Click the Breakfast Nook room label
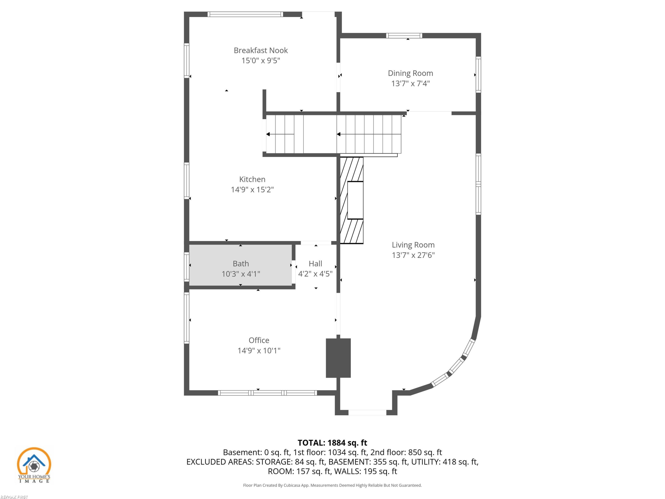coord(261,50)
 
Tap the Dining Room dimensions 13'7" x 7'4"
coord(410,83)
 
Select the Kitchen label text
coord(252,179)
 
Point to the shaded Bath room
coord(241,265)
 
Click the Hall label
coord(315,263)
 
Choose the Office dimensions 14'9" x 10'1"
coord(259,350)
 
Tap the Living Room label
coord(413,245)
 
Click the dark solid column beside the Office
coord(338,358)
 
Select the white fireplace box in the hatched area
coord(355,200)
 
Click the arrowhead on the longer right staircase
coord(338,134)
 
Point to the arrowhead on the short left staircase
coord(268,134)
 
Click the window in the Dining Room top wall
coord(404,36)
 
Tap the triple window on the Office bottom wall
coord(267,393)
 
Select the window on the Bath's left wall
coord(187,267)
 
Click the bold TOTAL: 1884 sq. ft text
coord(332,443)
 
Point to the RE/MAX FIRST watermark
coord(14,497)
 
